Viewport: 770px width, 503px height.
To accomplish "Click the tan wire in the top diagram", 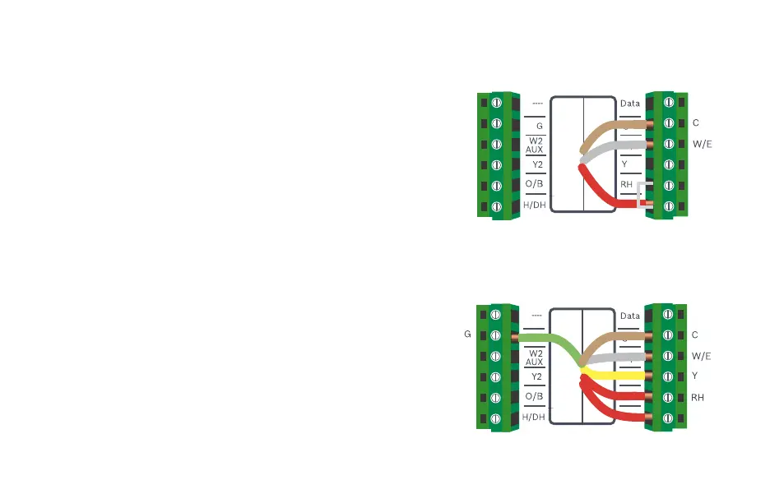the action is point(609,128).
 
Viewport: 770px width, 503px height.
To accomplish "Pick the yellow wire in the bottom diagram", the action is point(617,375).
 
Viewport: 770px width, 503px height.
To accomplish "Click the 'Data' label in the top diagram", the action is point(629,104).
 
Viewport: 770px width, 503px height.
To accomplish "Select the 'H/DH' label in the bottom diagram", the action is point(534,417).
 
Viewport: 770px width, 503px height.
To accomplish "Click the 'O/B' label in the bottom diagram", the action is point(534,396).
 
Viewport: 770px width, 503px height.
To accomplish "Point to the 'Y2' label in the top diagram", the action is point(536,164).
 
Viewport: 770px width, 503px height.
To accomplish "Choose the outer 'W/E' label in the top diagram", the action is point(703,144).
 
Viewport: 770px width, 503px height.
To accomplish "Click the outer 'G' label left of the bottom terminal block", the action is point(467,335).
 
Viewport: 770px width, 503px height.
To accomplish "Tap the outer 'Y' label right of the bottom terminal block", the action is point(695,376).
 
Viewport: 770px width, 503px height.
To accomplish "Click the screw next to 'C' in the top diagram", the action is point(668,123).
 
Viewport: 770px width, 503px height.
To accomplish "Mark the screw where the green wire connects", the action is point(495,337).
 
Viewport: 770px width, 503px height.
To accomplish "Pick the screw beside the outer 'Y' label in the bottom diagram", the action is point(668,376).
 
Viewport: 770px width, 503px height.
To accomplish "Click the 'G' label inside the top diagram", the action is point(539,127).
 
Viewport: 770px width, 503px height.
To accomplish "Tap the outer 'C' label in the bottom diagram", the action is point(695,335).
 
